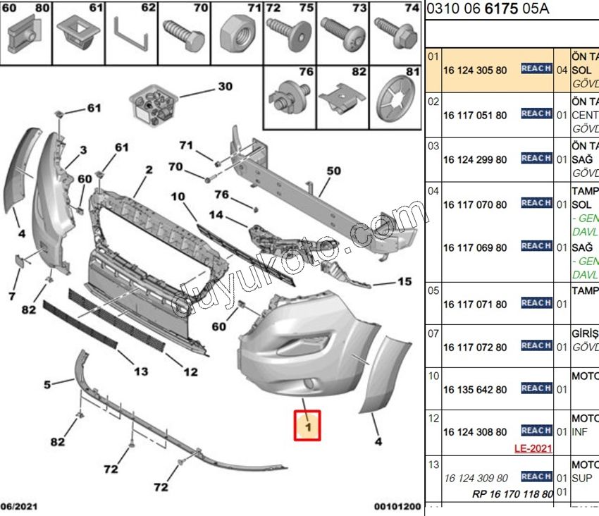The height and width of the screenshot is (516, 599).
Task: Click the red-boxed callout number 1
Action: click(307, 425)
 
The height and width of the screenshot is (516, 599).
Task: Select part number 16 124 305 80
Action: click(474, 70)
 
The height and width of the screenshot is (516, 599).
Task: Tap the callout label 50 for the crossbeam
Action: click(333, 171)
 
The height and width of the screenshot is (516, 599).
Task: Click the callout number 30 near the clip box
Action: click(224, 87)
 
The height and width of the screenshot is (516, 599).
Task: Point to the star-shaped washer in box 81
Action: click(395, 102)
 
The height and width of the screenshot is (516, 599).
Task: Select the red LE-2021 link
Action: click(533, 448)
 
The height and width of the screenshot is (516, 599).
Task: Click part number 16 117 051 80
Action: click(474, 115)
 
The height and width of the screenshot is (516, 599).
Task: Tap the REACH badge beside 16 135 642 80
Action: click(536, 388)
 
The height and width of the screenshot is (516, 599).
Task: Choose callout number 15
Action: click(404, 282)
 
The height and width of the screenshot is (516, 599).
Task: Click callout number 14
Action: click(216, 214)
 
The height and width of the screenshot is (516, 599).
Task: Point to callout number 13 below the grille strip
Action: click(140, 371)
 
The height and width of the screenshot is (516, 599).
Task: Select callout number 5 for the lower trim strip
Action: click(48, 384)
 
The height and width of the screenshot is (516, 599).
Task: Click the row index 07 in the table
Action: click(433, 331)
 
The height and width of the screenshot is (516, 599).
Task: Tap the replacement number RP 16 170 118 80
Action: click(512, 494)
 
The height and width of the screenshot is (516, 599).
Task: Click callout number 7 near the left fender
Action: click(12, 295)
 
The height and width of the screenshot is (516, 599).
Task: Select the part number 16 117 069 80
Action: click(474, 247)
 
